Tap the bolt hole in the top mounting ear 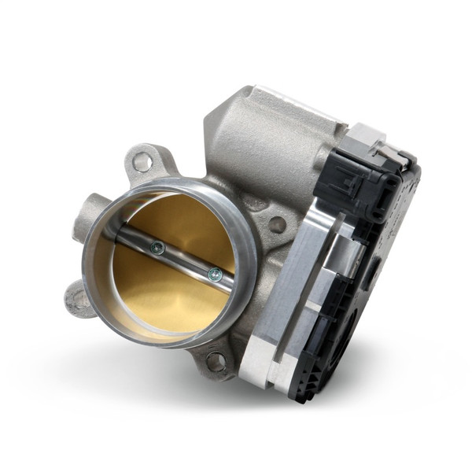click(x=142, y=163)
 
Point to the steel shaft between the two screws click(x=185, y=261)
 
